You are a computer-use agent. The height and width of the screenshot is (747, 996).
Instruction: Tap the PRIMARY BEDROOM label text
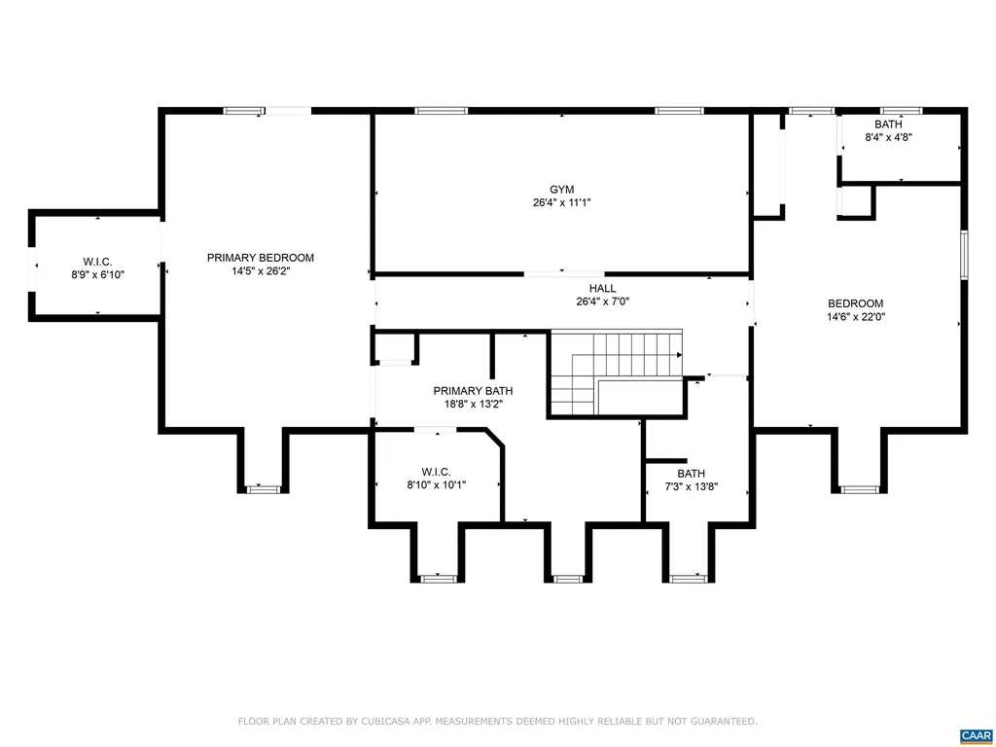tap(261, 258)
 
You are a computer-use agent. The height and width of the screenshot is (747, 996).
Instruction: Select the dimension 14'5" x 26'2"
tap(261, 271)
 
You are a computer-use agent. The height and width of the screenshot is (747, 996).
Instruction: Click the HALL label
tap(602, 288)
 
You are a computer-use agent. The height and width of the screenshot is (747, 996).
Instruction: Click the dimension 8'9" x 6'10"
tap(96, 274)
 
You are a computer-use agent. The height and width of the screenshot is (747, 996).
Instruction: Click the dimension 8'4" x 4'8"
tap(888, 137)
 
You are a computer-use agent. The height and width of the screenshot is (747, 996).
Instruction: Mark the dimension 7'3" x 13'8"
tap(692, 486)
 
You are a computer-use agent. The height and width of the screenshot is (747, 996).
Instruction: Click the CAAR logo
tap(975, 734)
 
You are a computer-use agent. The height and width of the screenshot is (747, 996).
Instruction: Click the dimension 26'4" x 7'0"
tap(602, 302)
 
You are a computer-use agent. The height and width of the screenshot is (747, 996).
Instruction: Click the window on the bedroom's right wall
tap(964, 256)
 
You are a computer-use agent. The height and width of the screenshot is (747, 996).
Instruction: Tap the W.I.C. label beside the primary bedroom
tap(96, 261)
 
